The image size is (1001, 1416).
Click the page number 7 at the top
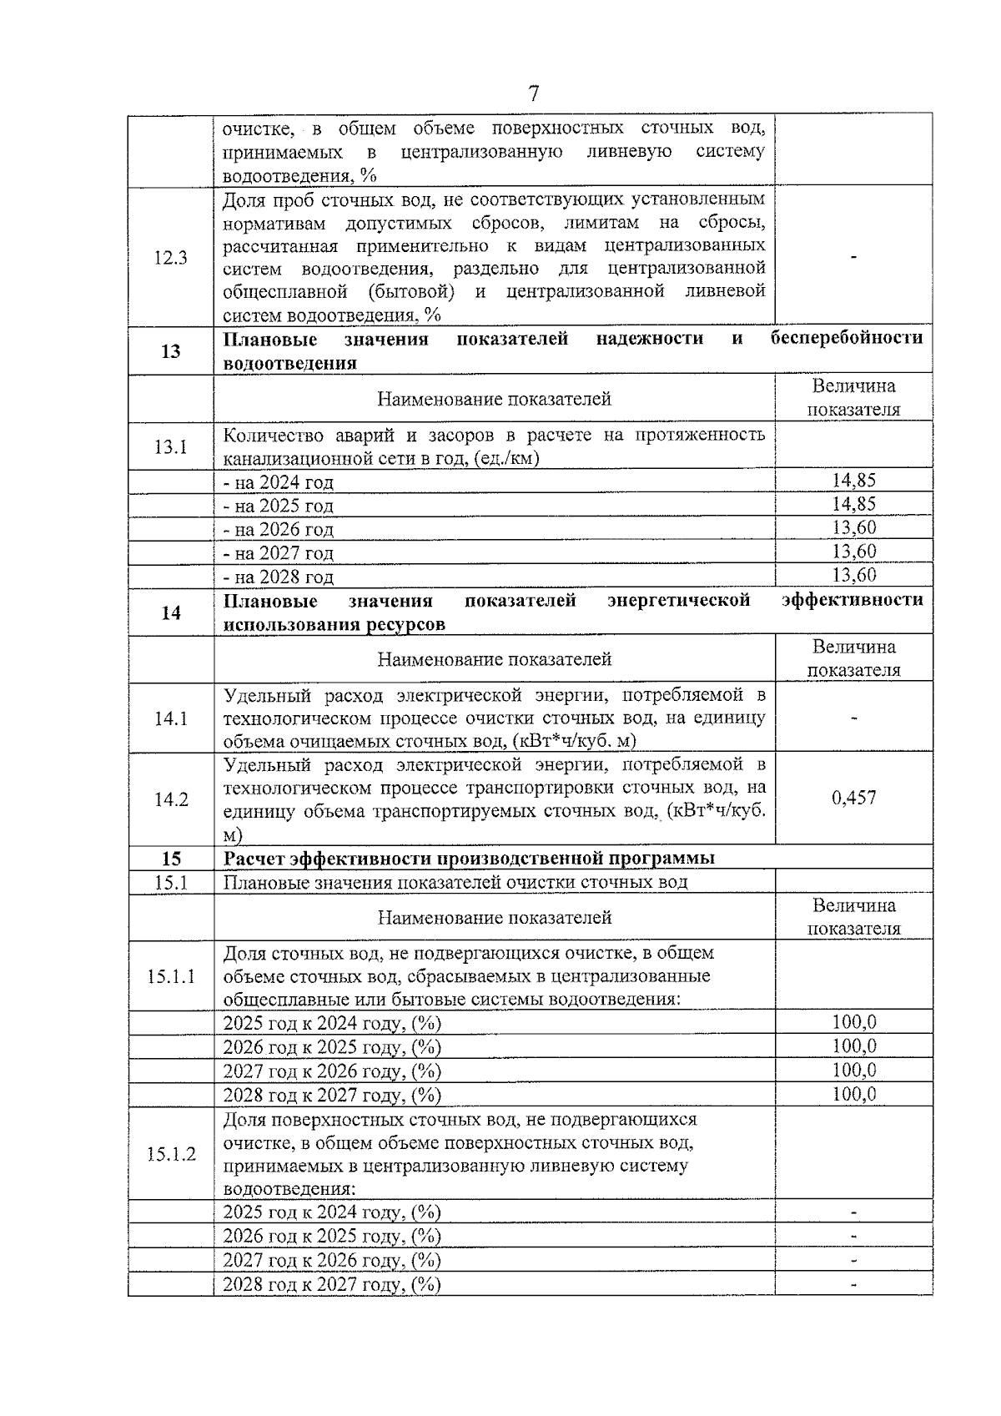[534, 93]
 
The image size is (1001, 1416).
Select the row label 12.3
[170, 257]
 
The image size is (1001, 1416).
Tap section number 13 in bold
[170, 351]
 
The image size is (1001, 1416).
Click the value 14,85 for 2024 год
[853, 480]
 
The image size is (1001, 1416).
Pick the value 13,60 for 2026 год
[853, 527]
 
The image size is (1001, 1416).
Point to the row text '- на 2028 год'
[279, 577]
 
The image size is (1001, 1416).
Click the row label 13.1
[170, 446]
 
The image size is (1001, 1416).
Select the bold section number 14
[170, 613]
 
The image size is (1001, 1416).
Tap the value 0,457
[853, 798]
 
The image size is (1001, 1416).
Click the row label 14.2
[170, 799]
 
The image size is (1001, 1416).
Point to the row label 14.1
[170, 718]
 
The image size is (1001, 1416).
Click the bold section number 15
[170, 859]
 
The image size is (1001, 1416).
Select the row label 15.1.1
[170, 976]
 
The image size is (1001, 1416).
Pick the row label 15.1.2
[170, 1154]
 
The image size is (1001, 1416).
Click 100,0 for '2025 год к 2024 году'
[853, 1022]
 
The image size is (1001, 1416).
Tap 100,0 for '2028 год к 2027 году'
[853, 1094]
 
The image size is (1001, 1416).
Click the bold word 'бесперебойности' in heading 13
[846, 339]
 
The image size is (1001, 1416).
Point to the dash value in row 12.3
[853, 259]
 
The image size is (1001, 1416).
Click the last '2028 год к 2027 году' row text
[331, 1284]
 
